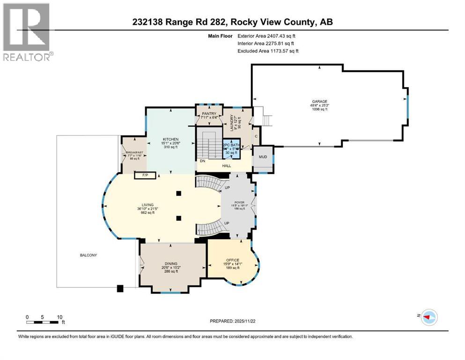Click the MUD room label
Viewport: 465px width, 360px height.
(263, 157)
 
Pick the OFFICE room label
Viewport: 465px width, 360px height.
(233, 260)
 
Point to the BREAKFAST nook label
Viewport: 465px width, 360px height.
(133, 153)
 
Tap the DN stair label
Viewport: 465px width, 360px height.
(202, 160)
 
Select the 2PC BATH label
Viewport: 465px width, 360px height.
(231, 145)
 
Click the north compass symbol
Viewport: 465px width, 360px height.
(428, 317)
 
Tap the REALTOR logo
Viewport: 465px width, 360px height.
(28, 32)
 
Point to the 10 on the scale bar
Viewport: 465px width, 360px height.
(59, 317)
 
